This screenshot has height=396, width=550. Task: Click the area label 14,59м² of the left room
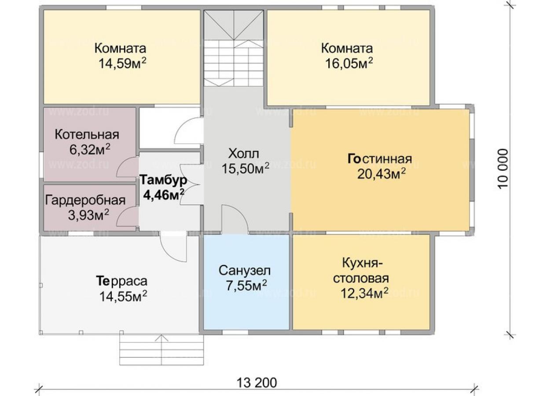(x=122, y=63)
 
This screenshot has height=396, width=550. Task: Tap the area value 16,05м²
(x=349, y=63)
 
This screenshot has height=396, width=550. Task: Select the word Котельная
(x=87, y=135)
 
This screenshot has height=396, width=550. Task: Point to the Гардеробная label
(x=85, y=200)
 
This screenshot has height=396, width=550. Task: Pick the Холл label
(x=244, y=154)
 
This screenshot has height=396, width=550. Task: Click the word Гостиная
(x=380, y=158)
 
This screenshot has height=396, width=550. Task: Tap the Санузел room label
(x=245, y=271)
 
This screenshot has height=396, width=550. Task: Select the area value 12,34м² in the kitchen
(x=365, y=293)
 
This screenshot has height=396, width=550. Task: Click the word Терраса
(x=121, y=281)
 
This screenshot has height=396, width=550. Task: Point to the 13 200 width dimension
(x=257, y=383)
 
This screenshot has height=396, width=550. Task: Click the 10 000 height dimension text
(x=502, y=169)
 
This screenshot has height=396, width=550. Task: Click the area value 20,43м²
(x=381, y=174)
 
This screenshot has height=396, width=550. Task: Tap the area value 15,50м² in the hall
(x=246, y=169)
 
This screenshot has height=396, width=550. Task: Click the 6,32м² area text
(x=90, y=150)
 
